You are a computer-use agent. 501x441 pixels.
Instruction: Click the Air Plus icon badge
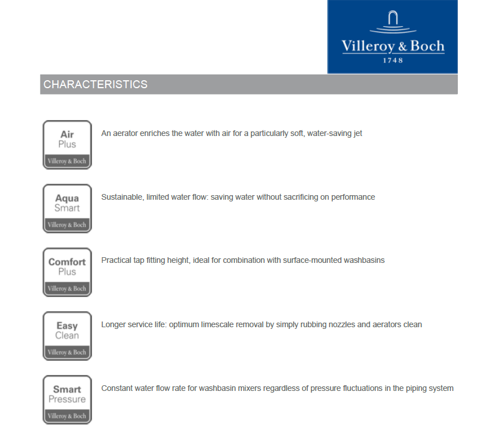(x=67, y=145)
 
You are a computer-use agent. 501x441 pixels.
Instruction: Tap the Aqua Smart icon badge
(x=67, y=208)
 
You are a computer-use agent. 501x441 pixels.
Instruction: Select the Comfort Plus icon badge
(x=67, y=272)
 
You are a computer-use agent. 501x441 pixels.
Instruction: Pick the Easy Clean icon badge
(x=67, y=336)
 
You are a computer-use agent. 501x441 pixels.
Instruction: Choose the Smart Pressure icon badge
(x=67, y=399)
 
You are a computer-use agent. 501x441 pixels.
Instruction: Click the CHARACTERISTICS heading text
(x=95, y=85)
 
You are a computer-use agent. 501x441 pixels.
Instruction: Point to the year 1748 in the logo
(x=393, y=60)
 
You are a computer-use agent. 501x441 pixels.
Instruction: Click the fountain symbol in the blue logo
(x=393, y=23)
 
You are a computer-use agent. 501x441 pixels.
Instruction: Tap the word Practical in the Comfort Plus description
(x=116, y=261)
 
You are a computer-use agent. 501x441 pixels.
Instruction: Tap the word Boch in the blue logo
(x=428, y=46)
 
